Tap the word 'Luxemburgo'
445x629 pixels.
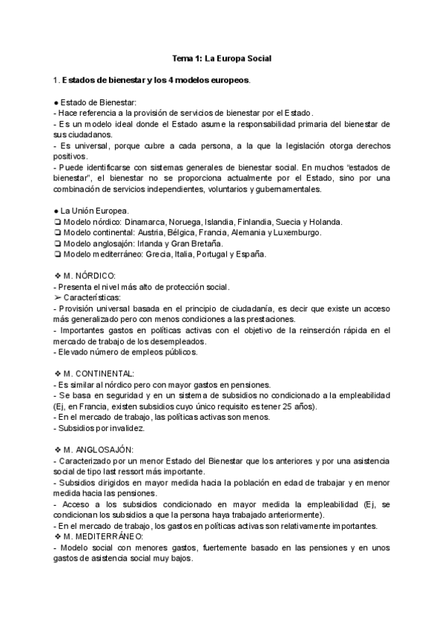294,232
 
